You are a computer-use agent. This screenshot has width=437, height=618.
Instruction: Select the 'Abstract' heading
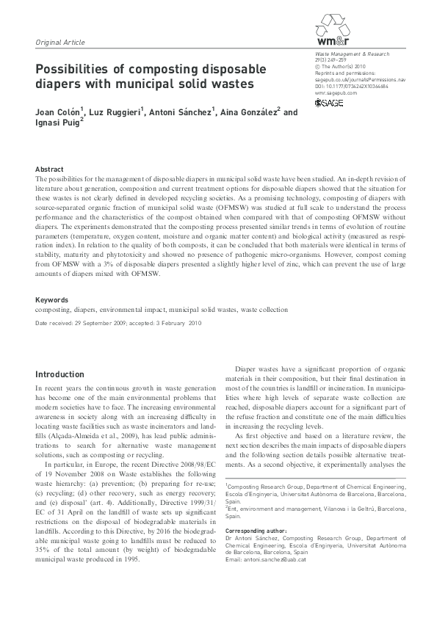[49, 169]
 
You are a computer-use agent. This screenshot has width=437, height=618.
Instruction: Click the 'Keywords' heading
[51, 300]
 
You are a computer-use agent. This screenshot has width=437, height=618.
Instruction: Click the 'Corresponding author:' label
[256, 530]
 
